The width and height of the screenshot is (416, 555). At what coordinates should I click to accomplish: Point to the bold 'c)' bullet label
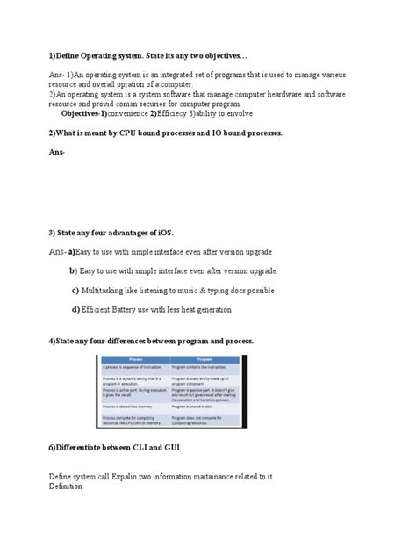(75, 290)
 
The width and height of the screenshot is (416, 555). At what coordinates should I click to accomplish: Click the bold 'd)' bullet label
(75, 309)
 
